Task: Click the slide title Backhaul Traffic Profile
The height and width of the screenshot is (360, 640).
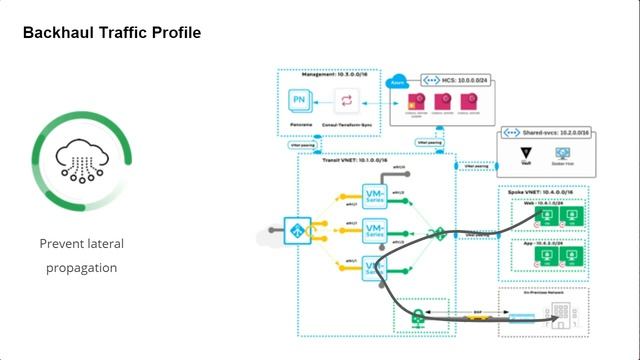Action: click(112, 33)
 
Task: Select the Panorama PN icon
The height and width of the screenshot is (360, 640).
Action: click(298, 101)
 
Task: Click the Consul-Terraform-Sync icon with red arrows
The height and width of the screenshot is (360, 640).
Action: click(347, 101)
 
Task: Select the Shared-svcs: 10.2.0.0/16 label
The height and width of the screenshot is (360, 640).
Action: click(551, 131)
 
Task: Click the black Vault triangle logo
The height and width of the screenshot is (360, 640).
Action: click(527, 153)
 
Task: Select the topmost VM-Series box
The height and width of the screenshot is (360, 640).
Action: click(376, 197)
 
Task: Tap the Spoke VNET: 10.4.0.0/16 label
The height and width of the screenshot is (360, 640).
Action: click(545, 190)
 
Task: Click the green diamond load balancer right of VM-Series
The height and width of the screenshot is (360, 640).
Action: click(438, 235)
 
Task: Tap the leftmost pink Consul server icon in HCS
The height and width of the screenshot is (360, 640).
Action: click(415, 101)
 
